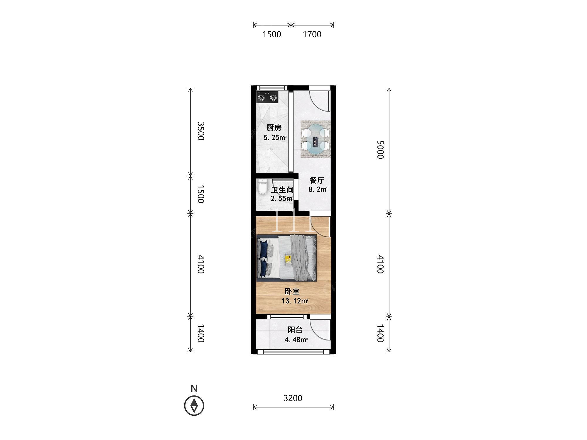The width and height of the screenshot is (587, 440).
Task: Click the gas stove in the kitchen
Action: point(267,97)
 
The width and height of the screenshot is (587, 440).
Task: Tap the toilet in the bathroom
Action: point(262,187)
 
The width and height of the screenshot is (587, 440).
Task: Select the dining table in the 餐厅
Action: point(316,139)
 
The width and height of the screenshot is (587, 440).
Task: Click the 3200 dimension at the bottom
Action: point(293,398)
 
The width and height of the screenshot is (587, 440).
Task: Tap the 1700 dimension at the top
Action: point(312,34)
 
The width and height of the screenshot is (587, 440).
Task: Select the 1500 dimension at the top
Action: point(272,34)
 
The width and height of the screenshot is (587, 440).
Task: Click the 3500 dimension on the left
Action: point(200,131)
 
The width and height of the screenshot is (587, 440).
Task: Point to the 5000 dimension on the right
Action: point(380,150)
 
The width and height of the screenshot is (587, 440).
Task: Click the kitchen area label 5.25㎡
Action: point(275,138)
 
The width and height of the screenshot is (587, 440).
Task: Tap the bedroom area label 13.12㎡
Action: point(295,301)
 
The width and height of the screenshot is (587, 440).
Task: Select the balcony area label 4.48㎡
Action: point(296,340)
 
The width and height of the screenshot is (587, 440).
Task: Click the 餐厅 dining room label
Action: point(317,180)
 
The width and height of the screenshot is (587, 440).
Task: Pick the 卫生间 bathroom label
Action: point(282,190)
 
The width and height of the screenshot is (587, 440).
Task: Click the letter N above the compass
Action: point(194,388)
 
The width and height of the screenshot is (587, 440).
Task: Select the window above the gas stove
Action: point(271,88)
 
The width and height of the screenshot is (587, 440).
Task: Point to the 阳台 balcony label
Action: point(295,330)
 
